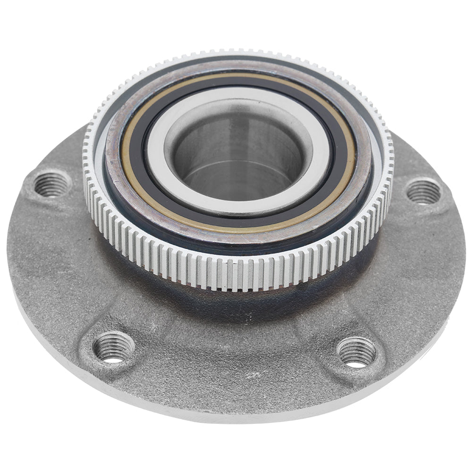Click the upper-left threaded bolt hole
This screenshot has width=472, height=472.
click(x=51, y=184)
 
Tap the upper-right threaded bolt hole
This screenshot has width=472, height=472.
click(x=423, y=191)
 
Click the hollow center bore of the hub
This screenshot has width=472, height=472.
click(x=238, y=156)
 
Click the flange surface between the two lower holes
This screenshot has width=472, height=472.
click(x=236, y=373)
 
